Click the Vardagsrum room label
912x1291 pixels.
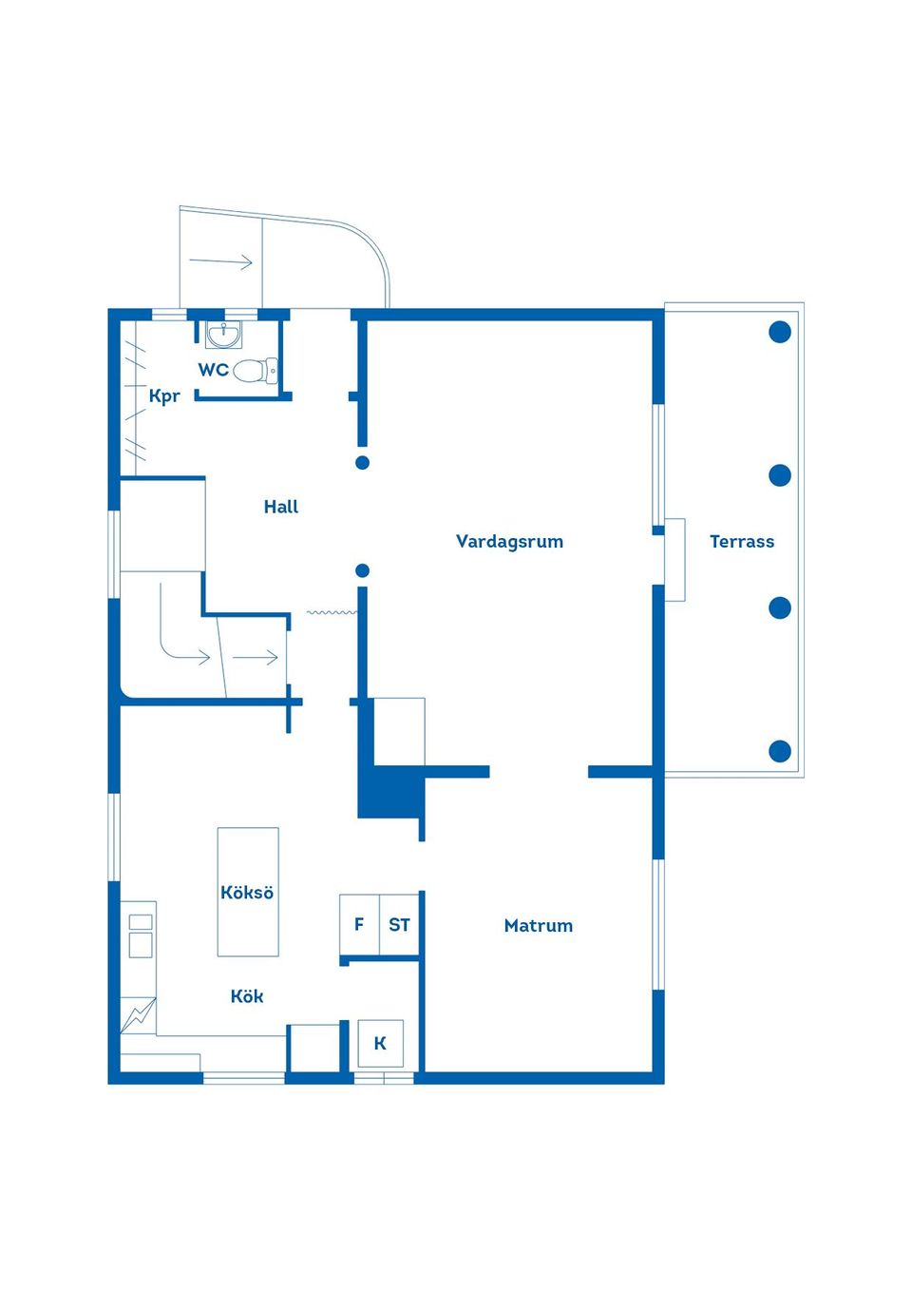point(509,542)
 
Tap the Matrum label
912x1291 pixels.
point(539,926)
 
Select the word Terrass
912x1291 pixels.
point(742,542)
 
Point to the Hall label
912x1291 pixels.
point(281,507)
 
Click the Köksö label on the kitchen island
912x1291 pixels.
point(247,892)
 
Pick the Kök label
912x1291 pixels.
point(247,996)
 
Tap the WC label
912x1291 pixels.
point(214,370)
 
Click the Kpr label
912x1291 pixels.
point(164,396)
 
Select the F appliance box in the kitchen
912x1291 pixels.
point(359,924)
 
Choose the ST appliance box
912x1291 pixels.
point(399,924)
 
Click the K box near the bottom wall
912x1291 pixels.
point(381,1043)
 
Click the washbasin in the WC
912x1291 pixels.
point(223,334)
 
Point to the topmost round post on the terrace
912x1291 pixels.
point(780,332)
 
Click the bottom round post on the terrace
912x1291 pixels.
point(780,751)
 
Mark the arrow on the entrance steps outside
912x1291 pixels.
point(220,261)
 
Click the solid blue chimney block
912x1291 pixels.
point(391,791)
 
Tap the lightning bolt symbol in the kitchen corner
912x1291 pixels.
point(138,1015)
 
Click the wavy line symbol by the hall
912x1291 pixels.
point(332,612)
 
